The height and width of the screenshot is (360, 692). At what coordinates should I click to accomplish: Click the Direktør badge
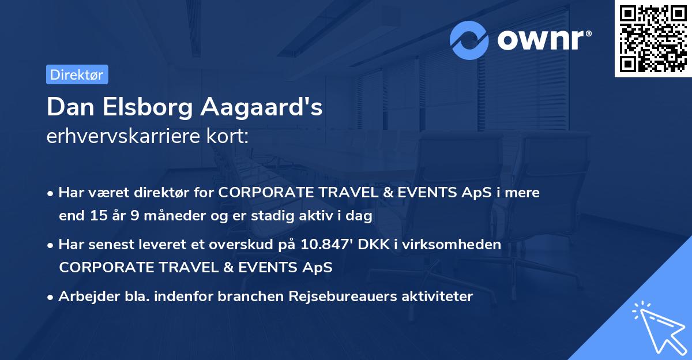tap(77, 74)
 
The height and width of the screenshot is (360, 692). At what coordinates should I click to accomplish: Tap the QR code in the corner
tap(653, 39)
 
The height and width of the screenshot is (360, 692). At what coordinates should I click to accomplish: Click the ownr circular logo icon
tap(469, 40)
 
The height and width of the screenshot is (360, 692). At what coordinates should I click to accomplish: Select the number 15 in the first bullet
tap(97, 216)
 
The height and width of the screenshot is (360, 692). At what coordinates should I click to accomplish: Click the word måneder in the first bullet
tap(165, 216)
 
